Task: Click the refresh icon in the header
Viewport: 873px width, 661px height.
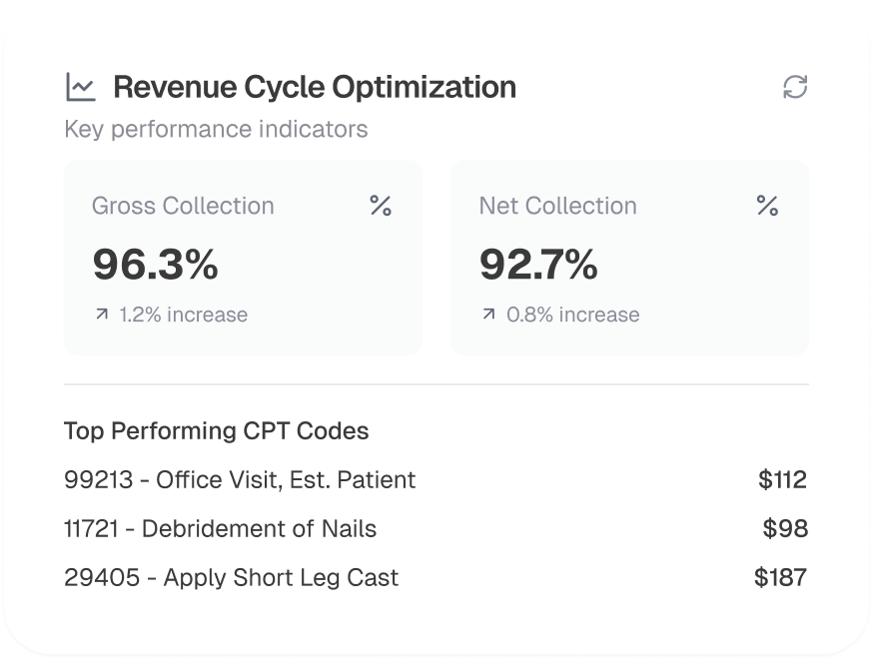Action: click(x=795, y=87)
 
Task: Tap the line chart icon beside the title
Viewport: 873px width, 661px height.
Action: click(x=80, y=87)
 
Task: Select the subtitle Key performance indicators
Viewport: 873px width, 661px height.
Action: click(x=216, y=130)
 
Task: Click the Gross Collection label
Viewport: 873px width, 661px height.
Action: click(x=183, y=206)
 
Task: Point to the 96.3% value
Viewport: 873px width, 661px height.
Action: click(x=156, y=264)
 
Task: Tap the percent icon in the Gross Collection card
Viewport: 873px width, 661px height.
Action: click(x=381, y=206)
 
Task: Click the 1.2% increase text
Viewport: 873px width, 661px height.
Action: click(x=183, y=315)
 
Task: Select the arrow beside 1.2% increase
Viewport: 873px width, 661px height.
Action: click(x=101, y=315)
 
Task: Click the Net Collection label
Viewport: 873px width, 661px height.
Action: click(x=557, y=206)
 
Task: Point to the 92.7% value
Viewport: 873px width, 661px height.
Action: click(x=538, y=264)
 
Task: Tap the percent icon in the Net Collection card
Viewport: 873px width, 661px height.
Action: click(x=767, y=206)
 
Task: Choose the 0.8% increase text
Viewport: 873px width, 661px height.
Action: click(x=572, y=315)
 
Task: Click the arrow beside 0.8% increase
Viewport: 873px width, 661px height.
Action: click(x=488, y=315)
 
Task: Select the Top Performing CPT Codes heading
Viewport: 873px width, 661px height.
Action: click(x=216, y=431)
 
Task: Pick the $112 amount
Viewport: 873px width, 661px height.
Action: click(x=782, y=480)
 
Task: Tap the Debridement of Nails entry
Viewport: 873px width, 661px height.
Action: click(x=259, y=528)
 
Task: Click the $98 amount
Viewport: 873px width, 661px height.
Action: click(x=785, y=528)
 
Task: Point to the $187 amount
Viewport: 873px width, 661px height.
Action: click(x=781, y=577)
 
